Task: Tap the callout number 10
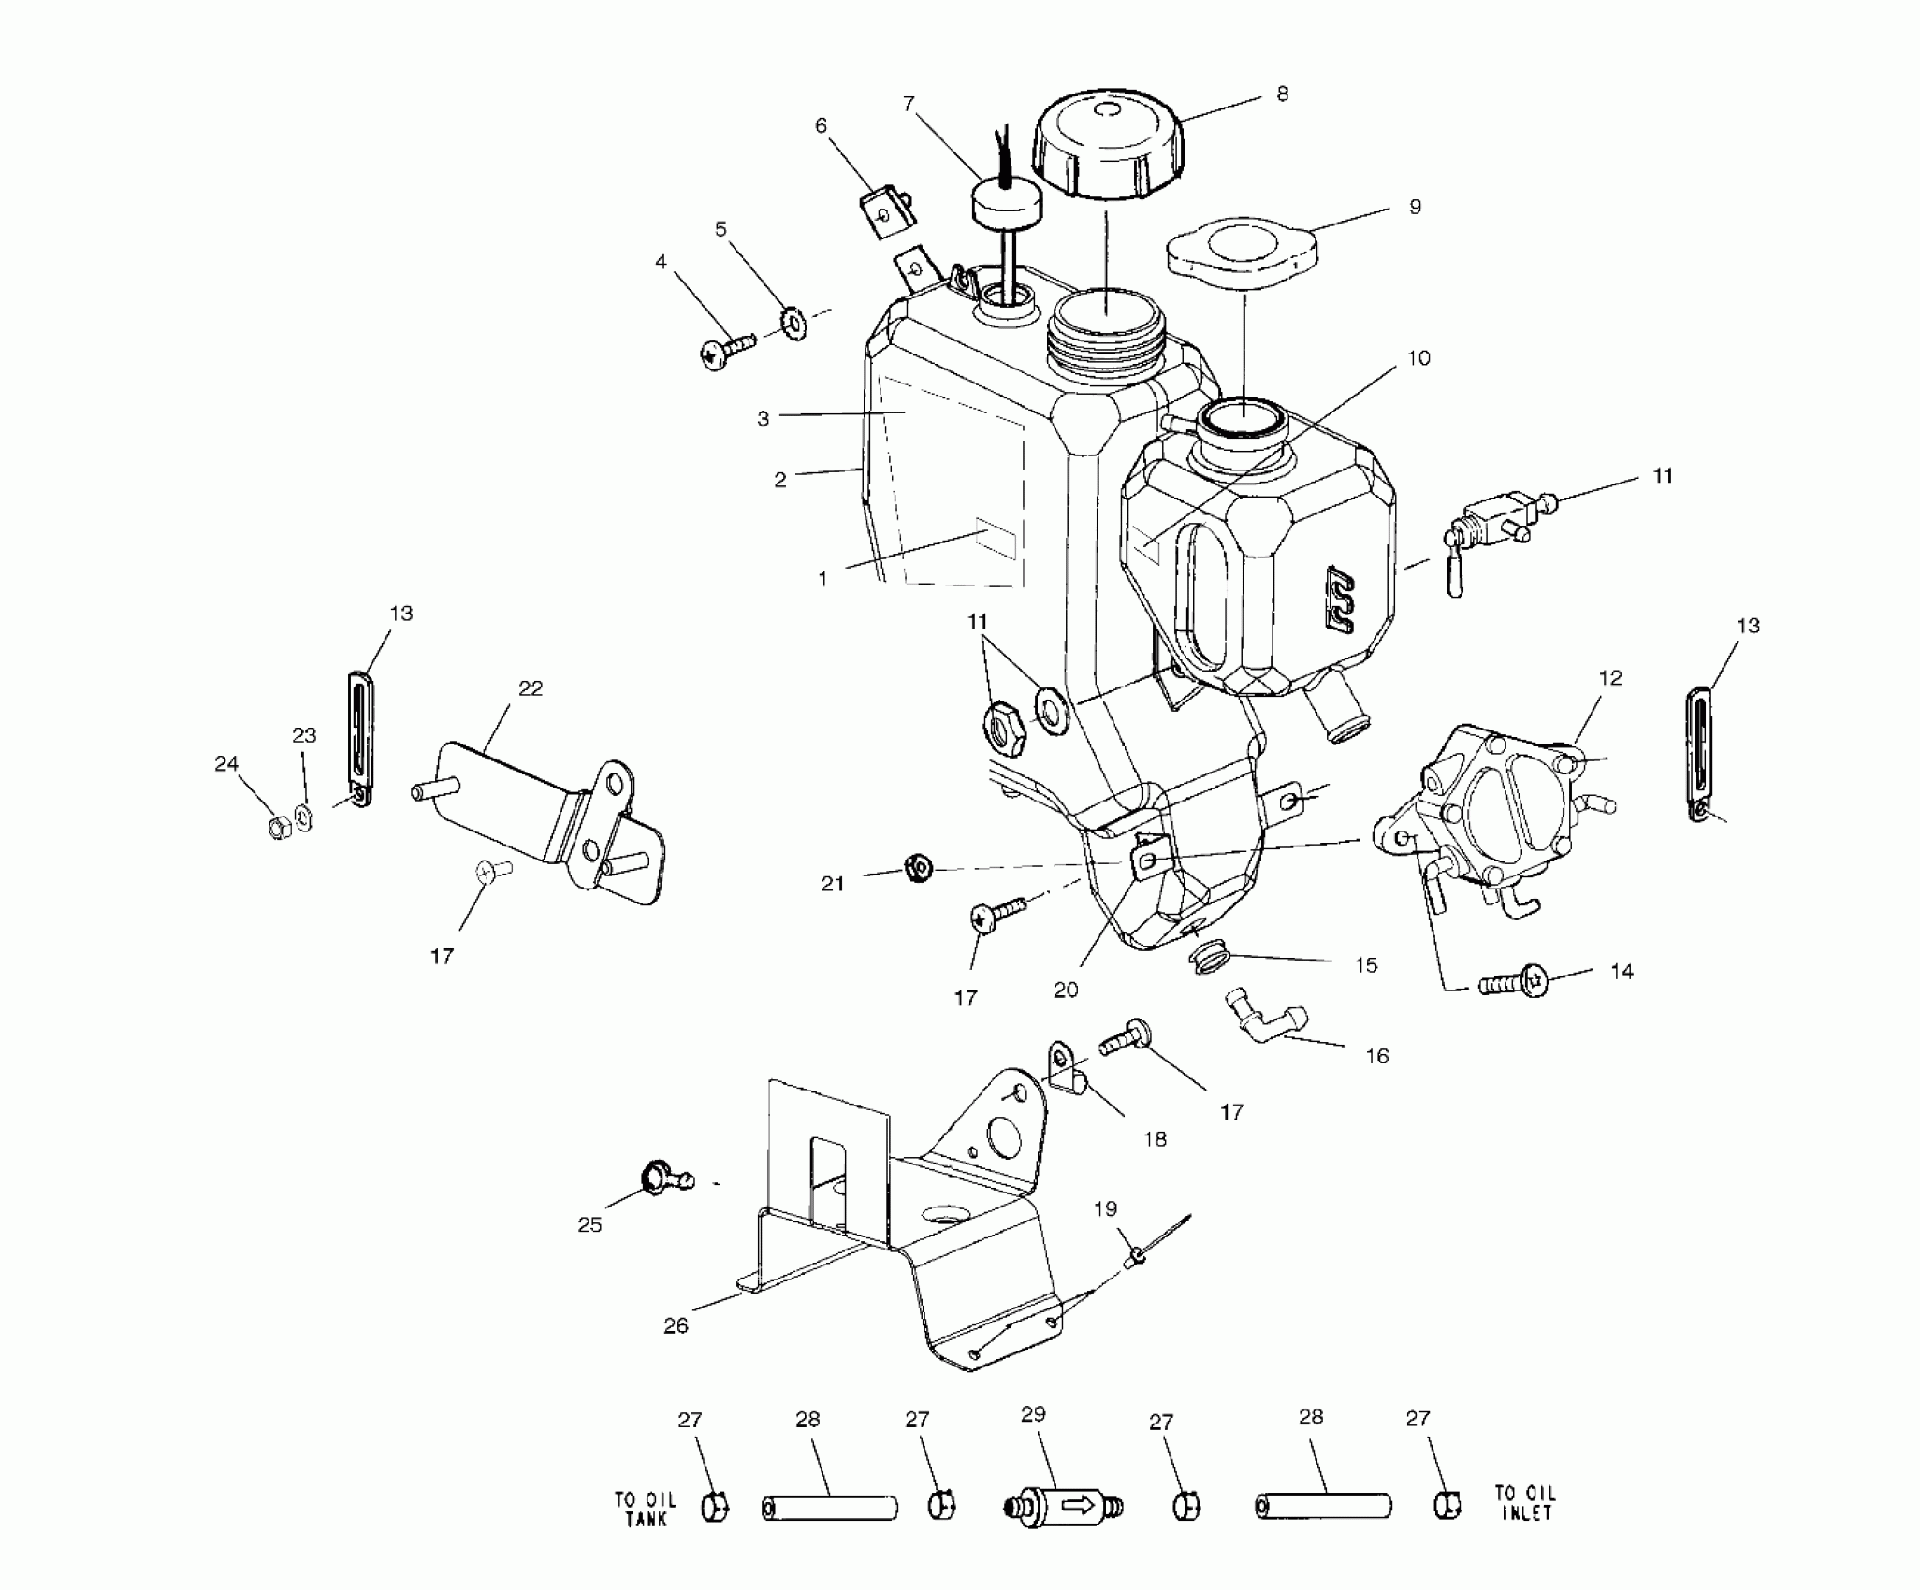[1418, 358]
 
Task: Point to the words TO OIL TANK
[645, 1509]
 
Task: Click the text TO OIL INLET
[1524, 1503]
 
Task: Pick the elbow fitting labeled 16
[1264, 1025]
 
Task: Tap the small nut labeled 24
[278, 828]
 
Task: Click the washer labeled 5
[795, 325]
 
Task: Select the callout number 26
[676, 1325]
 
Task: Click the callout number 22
[530, 688]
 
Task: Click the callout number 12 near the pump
[1609, 677]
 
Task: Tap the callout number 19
[1105, 1208]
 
